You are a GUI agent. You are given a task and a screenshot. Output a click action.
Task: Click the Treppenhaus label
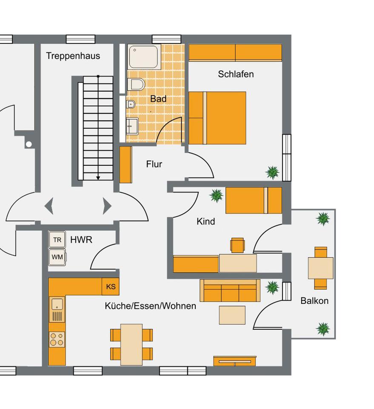click(73, 56)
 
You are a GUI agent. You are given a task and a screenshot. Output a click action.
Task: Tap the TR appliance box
click(57, 240)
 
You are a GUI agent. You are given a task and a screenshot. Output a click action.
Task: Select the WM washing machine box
click(57, 257)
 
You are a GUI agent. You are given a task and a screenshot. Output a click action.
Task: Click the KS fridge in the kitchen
click(111, 287)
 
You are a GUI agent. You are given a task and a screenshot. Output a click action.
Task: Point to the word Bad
click(158, 99)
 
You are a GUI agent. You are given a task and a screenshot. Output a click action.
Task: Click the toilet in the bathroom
click(137, 84)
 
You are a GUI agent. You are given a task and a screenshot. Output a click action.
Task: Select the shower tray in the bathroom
click(145, 57)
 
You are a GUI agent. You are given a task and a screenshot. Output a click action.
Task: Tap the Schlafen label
click(236, 74)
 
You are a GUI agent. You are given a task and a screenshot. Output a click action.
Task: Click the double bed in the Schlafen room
click(217, 118)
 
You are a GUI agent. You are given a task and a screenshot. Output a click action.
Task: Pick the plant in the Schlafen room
click(272, 172)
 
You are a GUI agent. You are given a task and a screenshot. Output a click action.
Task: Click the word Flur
click(154, 164)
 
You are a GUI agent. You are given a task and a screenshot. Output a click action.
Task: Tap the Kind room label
click(206, 222)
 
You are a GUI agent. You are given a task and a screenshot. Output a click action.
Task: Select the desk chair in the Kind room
click(237, 245)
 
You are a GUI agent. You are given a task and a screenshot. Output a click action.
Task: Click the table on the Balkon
click(320, 268)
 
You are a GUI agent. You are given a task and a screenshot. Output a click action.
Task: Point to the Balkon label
click(314, 301)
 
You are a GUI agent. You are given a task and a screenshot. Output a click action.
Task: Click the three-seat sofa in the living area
click(230, 291)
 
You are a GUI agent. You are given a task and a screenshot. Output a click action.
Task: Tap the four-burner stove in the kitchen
click(57, 339)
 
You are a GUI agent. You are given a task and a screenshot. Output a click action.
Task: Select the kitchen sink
click(57, 304)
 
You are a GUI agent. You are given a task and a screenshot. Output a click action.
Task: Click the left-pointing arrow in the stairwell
click(49, 206)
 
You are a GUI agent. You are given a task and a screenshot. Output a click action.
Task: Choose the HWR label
click(81, 240)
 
